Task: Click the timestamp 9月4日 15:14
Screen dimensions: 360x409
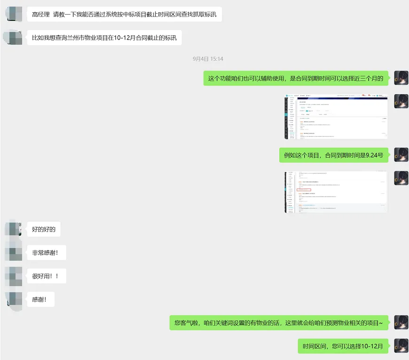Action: click(x=208, y=59)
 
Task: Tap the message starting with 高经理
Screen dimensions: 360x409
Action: click(x=124, y=14)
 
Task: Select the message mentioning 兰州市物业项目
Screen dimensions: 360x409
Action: click(x=104, y=38)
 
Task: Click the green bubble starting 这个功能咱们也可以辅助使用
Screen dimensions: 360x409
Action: click(x=296, y=78)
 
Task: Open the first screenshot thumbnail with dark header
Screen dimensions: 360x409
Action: click(x=336, y=117)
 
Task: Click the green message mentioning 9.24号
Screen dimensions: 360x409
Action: click(x=334, y=155)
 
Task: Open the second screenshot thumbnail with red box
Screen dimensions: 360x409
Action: click(x=336, y=192)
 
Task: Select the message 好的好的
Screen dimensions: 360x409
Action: click(x=44, y=230)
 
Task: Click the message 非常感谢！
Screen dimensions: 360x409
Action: click(x=46, y=253)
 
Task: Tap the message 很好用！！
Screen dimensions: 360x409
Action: click(x=46, y=276)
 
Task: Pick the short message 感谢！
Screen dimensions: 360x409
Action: click(x=40, y=299)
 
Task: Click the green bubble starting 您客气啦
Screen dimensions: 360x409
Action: click(x=279, y=323)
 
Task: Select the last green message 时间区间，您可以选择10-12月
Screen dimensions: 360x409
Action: click(x=343, y=346)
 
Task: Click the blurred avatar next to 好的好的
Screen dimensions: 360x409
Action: click(x=13, y=229)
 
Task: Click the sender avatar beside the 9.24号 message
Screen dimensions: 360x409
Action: click(x=401, y=155)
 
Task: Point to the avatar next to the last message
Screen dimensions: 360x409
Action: click(x=401, y=346)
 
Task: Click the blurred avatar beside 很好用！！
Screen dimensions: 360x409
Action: click(x=13, y=276)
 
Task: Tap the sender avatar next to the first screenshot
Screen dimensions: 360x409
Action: click(x=401, y=101)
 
